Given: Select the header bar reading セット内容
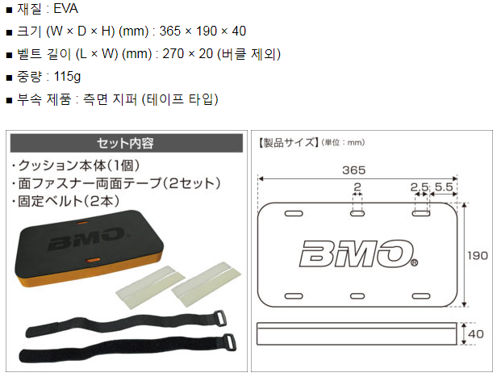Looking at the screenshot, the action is click(125, 143).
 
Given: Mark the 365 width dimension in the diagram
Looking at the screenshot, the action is click(353, 170).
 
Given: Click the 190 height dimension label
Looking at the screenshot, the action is click(478, 255).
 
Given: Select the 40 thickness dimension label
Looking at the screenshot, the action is click(478, 333).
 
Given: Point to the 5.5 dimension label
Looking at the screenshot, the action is click(443, 187).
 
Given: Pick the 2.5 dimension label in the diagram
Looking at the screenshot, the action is click(419, 187).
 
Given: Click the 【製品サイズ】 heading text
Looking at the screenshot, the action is click(288, 143).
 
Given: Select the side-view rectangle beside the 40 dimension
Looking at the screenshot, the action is click(357, 333).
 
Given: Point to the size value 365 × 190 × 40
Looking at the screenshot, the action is click(202, 32).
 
